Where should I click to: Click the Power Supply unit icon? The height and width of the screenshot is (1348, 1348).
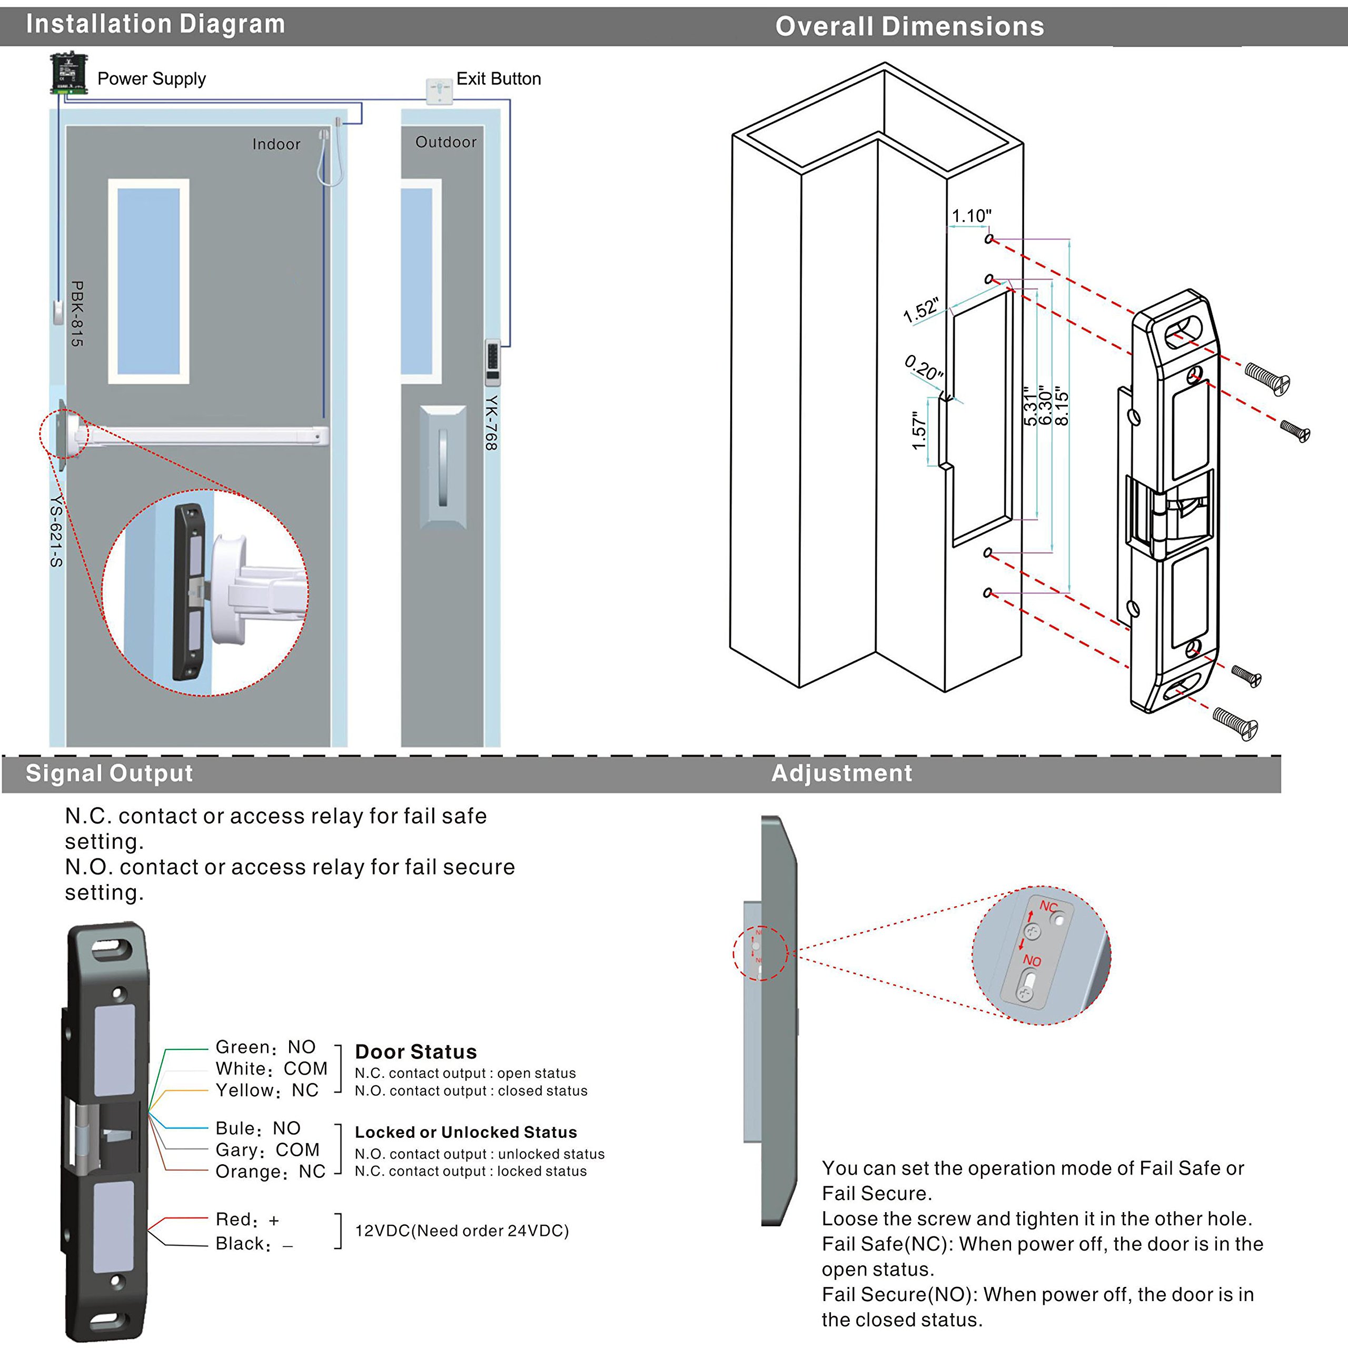tap(68, 74)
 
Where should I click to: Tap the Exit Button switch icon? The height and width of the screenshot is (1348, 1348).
tap(438, 91)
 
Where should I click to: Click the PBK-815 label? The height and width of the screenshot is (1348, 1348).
tap(77, 313)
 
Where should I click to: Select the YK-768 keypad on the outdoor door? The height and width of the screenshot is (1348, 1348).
tap(492, 361)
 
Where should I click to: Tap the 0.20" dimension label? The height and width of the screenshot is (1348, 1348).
tap(924, 367)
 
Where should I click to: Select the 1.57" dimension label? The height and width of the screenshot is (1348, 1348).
tap(919, 431)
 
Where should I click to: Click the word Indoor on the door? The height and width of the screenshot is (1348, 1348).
tap(276, 144)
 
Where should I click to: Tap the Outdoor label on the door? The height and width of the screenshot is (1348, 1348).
tap(446, 142)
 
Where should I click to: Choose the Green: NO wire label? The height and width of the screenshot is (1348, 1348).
tap(265, 1047)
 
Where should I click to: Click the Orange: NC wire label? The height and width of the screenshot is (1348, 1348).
tap(270, 1172)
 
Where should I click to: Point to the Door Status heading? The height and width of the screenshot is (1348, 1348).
tap(416, 1052)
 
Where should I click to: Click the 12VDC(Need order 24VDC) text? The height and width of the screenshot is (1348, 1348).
tap(462, 1231)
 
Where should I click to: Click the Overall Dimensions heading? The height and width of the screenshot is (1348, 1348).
tap(910, 26)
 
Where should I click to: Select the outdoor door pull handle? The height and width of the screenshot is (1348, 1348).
tap(443, 468)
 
